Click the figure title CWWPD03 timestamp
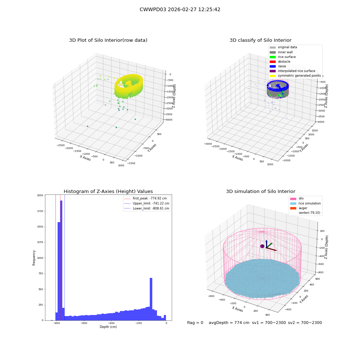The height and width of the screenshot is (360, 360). click(180, 9)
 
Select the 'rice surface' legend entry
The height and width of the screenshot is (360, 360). click(283, 57)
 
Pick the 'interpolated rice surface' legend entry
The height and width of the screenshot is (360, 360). click(292, 71)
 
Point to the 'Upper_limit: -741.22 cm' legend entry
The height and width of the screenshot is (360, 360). click(147, 203)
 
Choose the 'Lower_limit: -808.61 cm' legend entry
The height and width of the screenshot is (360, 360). click(147, 208)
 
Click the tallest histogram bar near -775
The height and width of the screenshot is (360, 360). click(61, 260)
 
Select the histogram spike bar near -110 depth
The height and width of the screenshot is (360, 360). click(151, 299)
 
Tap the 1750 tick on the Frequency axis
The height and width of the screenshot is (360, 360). click(40, 211)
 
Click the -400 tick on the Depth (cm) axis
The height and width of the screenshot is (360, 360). click(111, 323)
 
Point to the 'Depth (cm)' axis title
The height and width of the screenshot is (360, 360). click(108, 327)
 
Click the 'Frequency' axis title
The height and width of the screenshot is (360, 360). click(34, 258)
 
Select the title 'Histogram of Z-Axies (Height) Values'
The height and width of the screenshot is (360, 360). click(108, 191)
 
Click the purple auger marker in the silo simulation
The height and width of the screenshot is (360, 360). click(262, 246)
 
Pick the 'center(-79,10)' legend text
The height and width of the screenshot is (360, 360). click(309, 213)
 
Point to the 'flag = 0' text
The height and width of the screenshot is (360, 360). click(195, 323)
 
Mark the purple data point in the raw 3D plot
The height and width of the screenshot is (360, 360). click(87, 126)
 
